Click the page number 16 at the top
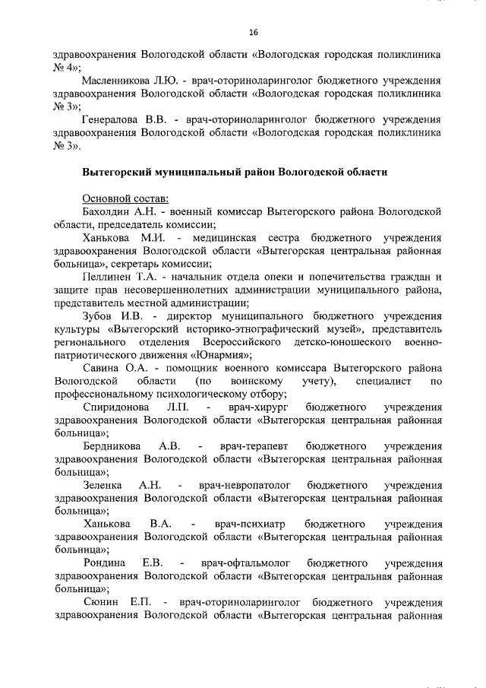pyautogui.click(x=254, y=31)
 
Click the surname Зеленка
pyautogui.click(x=104, y=485)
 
